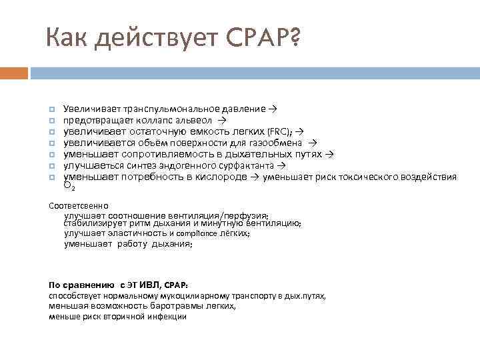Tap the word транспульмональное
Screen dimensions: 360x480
point(171,109)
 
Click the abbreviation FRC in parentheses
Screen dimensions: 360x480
point(277,131)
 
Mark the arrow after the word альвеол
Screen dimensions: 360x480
point(223,120)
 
